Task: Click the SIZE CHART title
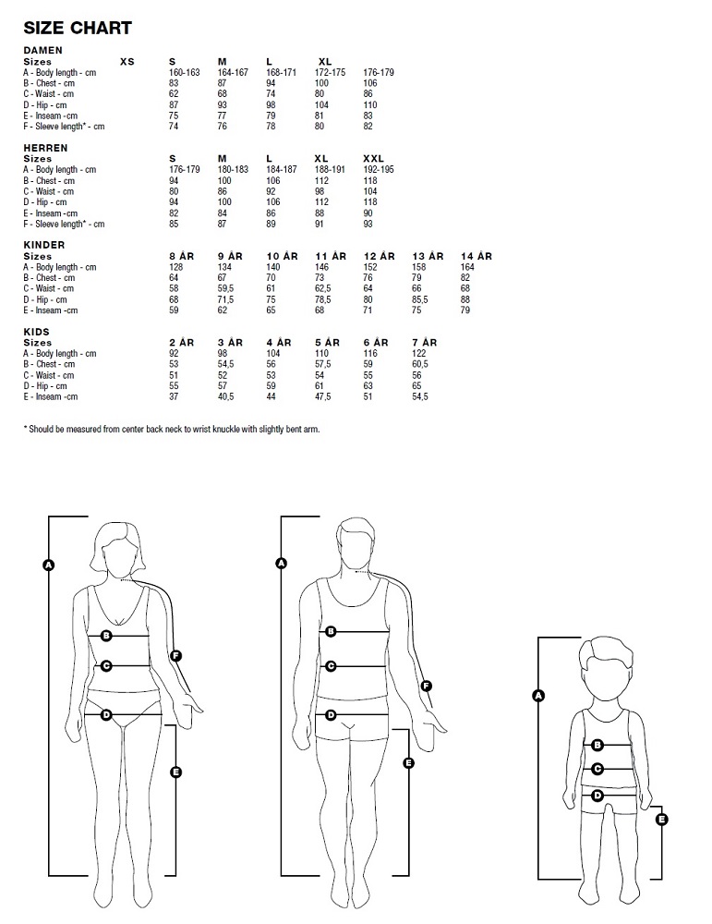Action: point(78,29)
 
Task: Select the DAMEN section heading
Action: point(42,50)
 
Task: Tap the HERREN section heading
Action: point(45,148)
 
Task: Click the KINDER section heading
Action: point(44,245)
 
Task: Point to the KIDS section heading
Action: point(37,332)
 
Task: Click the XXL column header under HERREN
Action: point(374,159)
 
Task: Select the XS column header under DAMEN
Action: point(127,61)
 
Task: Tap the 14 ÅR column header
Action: point(476,256)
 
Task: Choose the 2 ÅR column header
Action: point(181,343)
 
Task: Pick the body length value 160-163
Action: point(184,72)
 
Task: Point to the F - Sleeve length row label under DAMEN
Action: point(64,127)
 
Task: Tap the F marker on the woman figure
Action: point(176,656)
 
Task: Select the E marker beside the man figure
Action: point(409,762)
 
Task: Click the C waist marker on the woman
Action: point(107,665)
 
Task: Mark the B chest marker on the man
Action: point(331,632)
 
